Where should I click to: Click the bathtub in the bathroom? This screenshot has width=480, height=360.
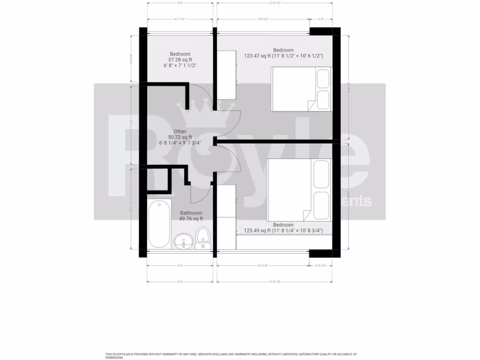pos(159,224)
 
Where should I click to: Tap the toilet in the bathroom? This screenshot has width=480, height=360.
pos(203,237)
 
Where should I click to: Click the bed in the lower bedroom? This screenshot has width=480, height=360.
pos(299,190)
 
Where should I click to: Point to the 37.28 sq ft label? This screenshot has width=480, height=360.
pos(180,60)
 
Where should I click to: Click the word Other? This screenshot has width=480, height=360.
pos(180,132)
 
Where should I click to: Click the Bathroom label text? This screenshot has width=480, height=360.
pos(191,213)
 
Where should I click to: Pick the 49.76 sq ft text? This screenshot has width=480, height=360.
pos(191,218)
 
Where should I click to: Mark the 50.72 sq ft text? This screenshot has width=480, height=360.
pos(180,137)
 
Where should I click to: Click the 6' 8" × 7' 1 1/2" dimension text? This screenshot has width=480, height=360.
pos(180,66)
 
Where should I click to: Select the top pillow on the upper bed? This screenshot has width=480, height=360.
pos(323,79)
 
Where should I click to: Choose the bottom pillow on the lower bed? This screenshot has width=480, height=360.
pos(322,202)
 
